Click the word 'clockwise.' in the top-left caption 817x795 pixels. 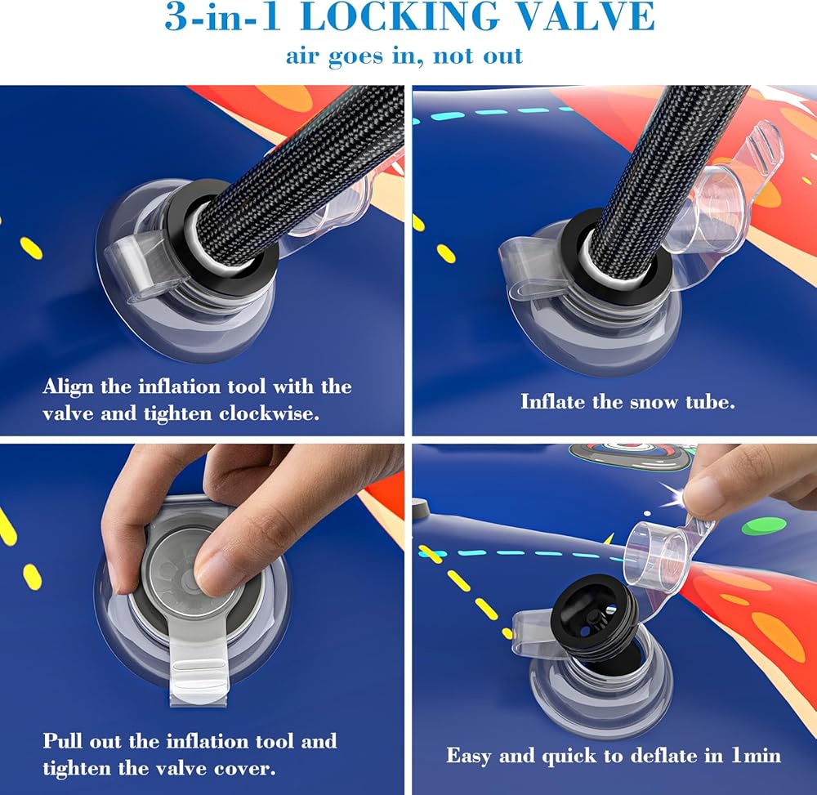click(x=269, y=413)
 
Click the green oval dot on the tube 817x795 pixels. click(x=760, y=527)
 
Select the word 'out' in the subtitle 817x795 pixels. click(x=502, y=56)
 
